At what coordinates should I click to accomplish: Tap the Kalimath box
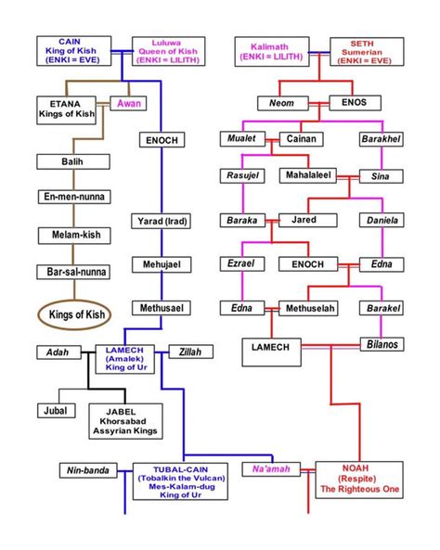(x=272, y=51)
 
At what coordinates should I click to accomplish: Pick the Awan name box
(x=129, y=103)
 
